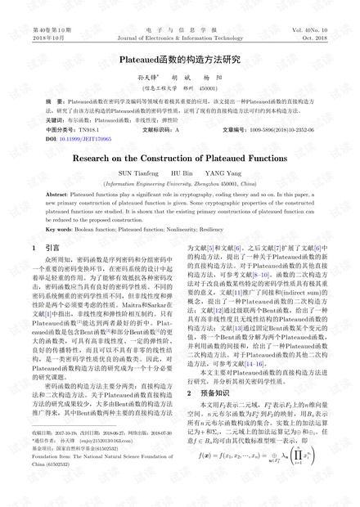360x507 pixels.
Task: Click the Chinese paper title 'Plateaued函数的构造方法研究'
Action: click(x=179, y=60)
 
